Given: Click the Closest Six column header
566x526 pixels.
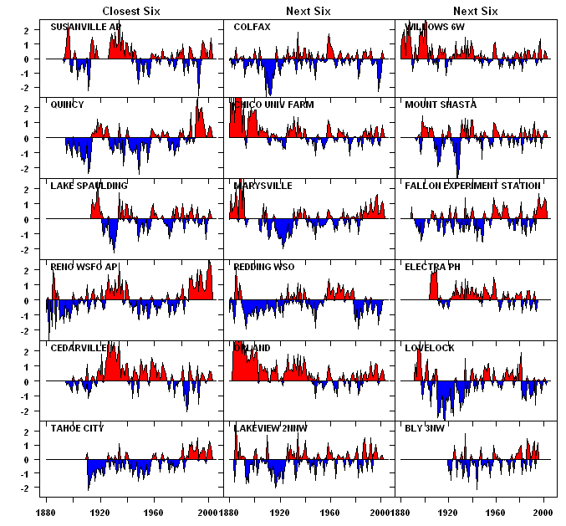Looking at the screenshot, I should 131,11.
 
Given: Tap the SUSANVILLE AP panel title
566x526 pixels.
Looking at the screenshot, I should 86,27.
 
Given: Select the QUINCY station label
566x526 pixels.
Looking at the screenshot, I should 67,105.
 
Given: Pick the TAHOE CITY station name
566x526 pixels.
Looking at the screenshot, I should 77,427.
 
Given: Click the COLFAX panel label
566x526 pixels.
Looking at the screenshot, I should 252,27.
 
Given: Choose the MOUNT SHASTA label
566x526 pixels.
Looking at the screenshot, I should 441,105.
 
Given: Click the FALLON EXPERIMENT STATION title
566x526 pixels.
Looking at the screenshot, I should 472,185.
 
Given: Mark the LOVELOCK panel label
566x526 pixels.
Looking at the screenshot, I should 430,347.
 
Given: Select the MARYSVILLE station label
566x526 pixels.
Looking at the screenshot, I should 263,185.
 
